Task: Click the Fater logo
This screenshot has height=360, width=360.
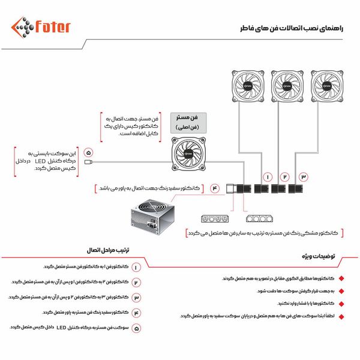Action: click(41, 28)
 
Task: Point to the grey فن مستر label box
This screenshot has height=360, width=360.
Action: click(186, 121)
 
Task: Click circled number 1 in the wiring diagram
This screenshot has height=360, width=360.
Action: click(267, 178)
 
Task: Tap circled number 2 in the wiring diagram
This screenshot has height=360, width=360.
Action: click(285, 178)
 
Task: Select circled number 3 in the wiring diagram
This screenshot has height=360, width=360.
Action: click(304, 178)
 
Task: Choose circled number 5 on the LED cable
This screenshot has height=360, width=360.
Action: click(89, 152)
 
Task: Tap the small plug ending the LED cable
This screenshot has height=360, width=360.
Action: click(89, 162)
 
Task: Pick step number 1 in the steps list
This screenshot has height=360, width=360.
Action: click(136, 266)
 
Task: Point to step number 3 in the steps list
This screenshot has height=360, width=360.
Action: click(136, 297)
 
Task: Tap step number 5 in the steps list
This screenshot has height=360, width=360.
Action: click(136, 328)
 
